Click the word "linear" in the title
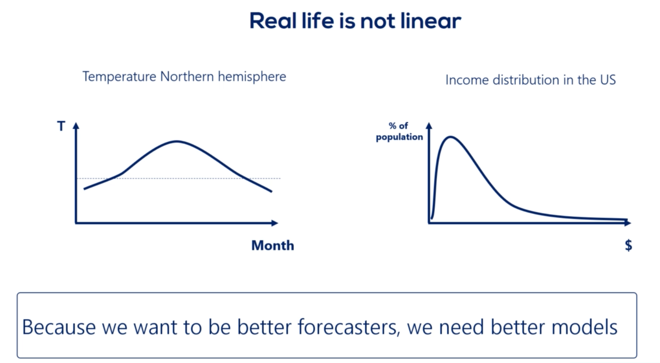coord(431,21)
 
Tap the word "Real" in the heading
coord(273,21)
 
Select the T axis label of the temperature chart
coord(61,127)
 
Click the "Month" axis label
coord(273,246)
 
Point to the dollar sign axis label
coord(628,245)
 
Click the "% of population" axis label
coord(399,131)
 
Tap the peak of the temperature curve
coord(177,141)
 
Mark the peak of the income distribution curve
coord(450,137)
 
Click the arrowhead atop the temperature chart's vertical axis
coord(76,126)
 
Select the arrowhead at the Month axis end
coord(275,223)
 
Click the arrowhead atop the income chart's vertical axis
coord(429,126)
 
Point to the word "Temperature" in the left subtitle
coord(119,77)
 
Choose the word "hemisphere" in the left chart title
coord(252,77)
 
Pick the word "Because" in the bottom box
coord(59,327)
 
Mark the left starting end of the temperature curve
coord(84,189)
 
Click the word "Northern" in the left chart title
coord(187,77)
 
